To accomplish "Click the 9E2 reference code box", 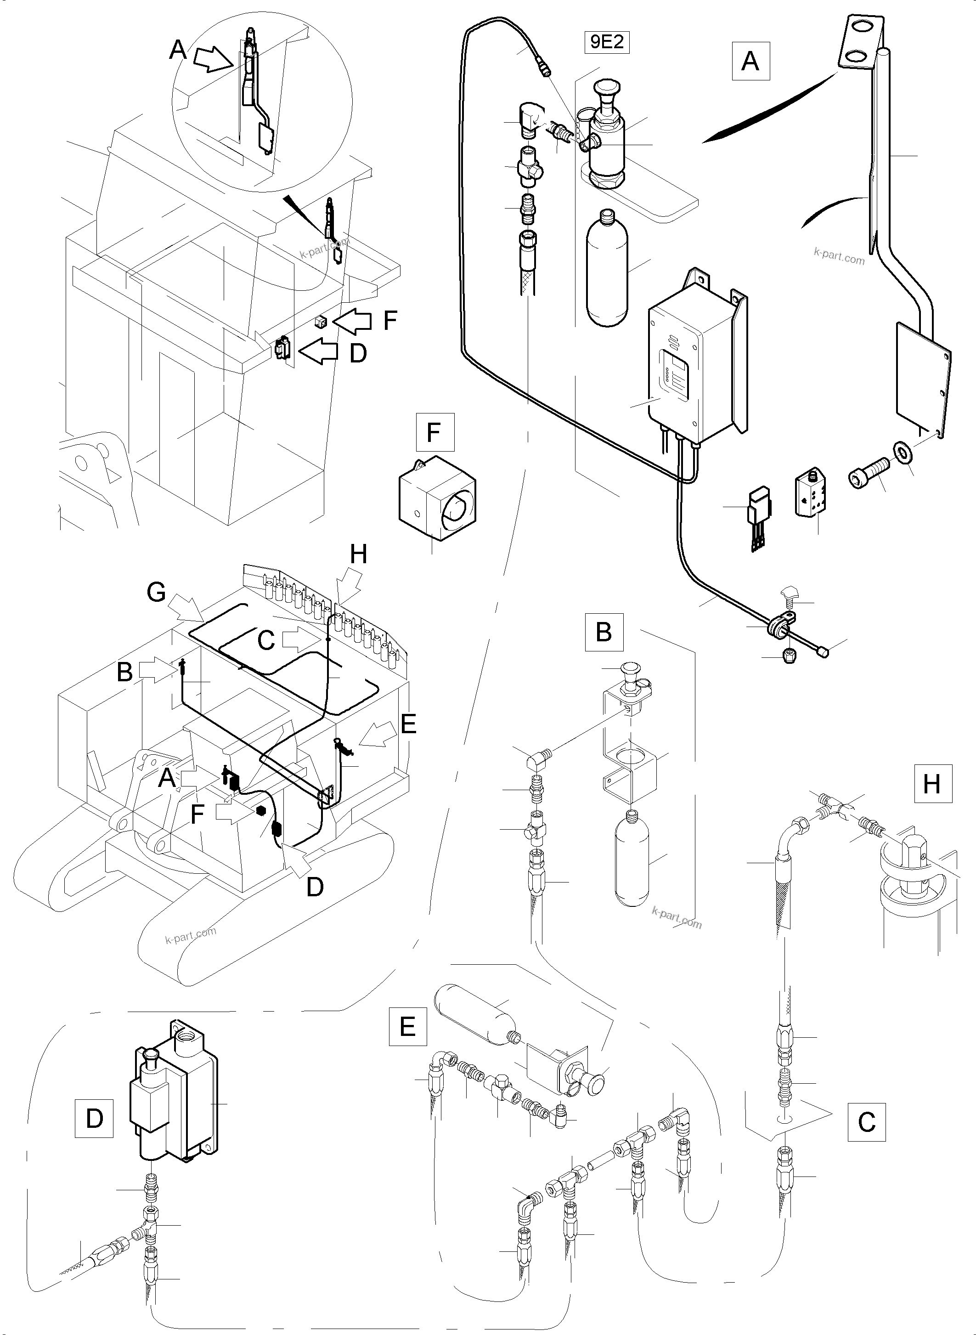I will pos(607,43).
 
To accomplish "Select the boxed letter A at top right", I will pos(750,61).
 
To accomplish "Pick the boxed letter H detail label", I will pos(932,784).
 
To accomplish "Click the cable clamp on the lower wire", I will pos(781,627).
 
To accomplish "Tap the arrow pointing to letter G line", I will pos(186,609).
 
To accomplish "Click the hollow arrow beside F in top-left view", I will pos(353,322).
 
